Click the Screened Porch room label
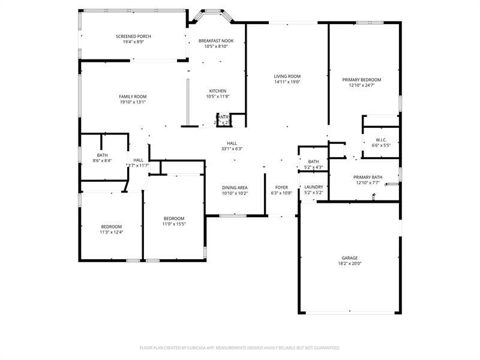click(133, 37)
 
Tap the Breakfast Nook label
click(216, 40)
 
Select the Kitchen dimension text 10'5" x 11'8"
click(217, 97)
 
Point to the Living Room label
click(287, 76)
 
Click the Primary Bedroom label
click(361, 80)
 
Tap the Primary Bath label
click(368, 177)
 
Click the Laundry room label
click(314, 187)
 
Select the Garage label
click(350, 258)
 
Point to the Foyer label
click(282, 187)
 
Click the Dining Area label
click(235, 187)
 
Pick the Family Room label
click(133, 97)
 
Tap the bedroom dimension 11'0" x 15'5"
click(174, 224)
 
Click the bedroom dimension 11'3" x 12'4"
click(111, 232)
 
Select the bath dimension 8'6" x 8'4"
click(102, 160)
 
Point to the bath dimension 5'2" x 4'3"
click(314, 167)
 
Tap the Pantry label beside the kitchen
click(223, 117)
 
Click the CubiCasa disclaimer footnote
click(240, 347)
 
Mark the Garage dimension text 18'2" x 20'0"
click(350, 263)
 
